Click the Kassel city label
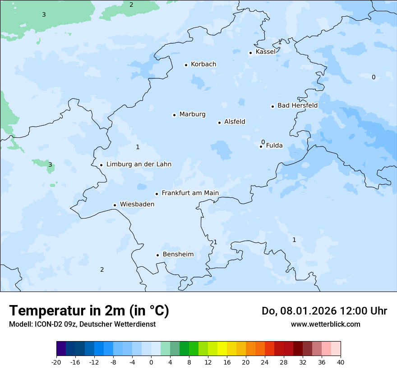click(265, 52)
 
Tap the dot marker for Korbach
click(186, 65)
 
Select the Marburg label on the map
click(192, 114)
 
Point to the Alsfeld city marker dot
click(219, 123)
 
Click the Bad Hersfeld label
click(297, 105)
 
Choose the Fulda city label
click(274, 146)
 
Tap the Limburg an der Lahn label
click(138, 164)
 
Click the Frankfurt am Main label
click(190, 193)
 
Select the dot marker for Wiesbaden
click(115, 205)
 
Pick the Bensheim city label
click(178, 255)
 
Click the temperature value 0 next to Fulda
click(263, 142)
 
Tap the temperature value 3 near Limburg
click(50, 164)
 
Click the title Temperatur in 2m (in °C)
click(89, 311)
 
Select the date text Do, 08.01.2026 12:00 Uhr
click(324, 311)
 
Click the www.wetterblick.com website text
click(325, 324)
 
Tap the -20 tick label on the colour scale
click(56, 362)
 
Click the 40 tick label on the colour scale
click(341, 362)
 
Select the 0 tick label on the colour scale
click(151, 362)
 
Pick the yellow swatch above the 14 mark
click(222, 349)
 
